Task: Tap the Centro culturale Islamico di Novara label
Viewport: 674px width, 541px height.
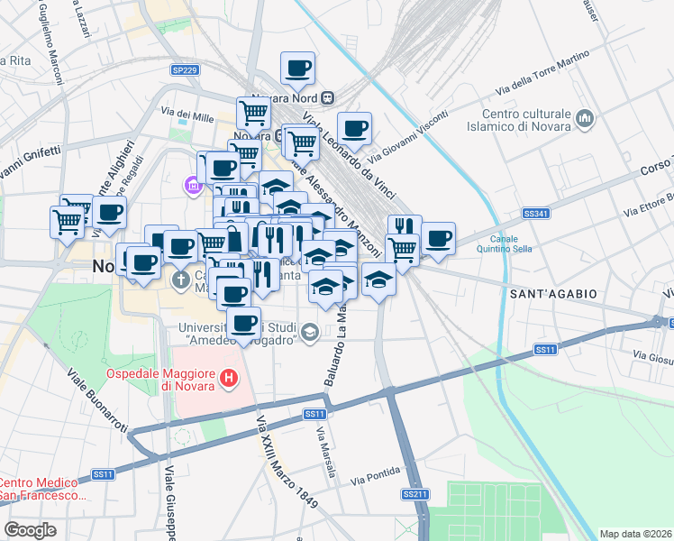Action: [x=527, y=120]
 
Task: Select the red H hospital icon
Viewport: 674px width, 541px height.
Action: [x=230, y=380]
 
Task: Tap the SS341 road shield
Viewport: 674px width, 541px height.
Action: [x=535, y=214]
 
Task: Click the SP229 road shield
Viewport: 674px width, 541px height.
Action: [x=184, y=69]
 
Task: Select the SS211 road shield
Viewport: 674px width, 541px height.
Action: [x=415, y=494]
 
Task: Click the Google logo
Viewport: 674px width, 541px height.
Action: [x=30, y=530]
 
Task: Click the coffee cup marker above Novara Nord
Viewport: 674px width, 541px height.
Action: [x=297, y=68]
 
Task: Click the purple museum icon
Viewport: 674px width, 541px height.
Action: [x=191, y=186]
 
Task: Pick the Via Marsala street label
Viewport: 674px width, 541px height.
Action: [x=327, y=451]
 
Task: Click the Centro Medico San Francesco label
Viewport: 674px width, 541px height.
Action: [x=43, y=488]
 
